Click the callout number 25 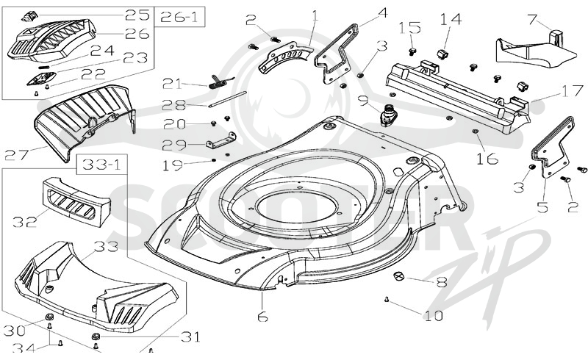pyautogui.click(x=137, y=15)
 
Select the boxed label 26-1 pyautogui.click(x=179, y=16)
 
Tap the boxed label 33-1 pyautogui.click(x=101, y=165)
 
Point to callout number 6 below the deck pyautogui.click(x=262, y=317)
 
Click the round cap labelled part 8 pyautogui.click(x=398, y=276)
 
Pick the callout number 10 pyautogui.click(x=433, y=316)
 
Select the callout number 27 pyautogui.click(x=17, y=155)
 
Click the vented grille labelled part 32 pyautogui.click(x=76, y=202)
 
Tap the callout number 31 pyautogui.click(x=190, y=337)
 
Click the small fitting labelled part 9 pyautogui.click(x=387, y=116)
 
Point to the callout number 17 pyautogui.click(x=572, y=91)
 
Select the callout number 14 pyautogui.click(x=451, y=19)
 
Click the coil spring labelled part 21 pyautogui.click(x=220, y=82)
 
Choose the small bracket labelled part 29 pyautogui.click(x=221, y=140)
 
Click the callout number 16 pyautogui.click(x=487, y=159)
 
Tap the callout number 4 pyautogui.click(x=382, y=12)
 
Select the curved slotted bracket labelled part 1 pyautogui.click(x=285, y=58)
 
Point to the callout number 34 pyautogui.click(x=24, y=348)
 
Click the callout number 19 pyautogui.click(x=173, y=165)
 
